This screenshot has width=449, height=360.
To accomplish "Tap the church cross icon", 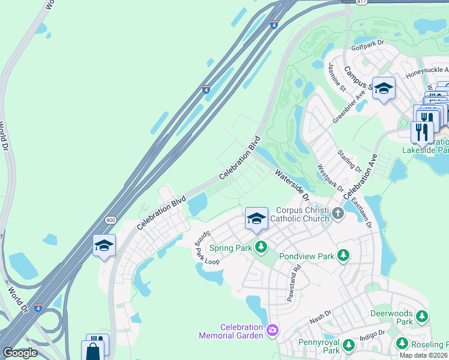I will pos(338,212).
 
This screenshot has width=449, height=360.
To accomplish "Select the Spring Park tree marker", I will pos(261,247).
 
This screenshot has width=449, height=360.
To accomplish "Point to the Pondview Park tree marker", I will pos(343,256).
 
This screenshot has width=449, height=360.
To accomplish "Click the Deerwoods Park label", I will pos(391,317).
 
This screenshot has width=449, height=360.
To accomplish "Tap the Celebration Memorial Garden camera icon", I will pos(273,329).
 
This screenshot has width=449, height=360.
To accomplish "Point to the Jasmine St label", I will pos(337,76).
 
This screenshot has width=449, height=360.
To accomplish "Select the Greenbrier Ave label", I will pos(349,106).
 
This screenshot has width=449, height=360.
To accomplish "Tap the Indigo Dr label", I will pos(373,334).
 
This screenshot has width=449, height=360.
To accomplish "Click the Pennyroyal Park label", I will pos(319,346).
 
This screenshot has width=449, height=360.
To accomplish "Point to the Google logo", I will pos(20,353).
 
